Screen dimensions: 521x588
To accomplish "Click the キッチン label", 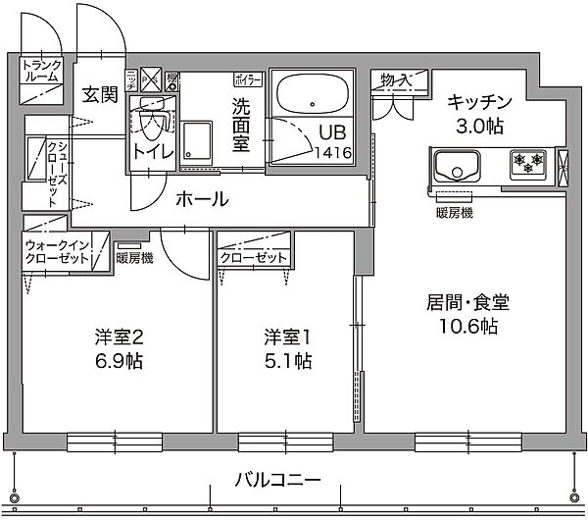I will [x=480, y=101].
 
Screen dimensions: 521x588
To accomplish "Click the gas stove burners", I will [x=525, y=163].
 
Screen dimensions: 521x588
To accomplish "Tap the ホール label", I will [x=203, y=199].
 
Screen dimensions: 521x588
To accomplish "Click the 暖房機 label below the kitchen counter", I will [x=454, y=212].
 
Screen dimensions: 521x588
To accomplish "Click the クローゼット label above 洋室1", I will [x=254, y=258].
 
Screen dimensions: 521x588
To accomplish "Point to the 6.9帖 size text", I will [x=119, y=361].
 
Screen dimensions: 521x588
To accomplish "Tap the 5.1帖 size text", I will [x=287, y=361].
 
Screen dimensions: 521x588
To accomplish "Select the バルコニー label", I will [x=277, y=481].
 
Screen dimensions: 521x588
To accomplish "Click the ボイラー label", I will [x=247, y=77].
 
